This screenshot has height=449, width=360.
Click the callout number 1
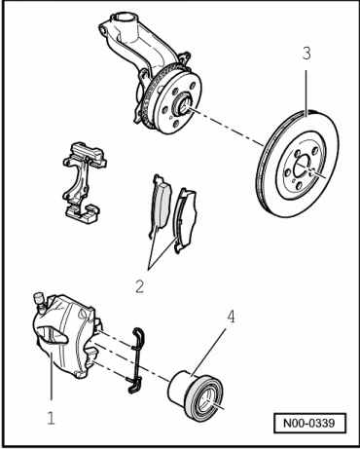coord(51,418)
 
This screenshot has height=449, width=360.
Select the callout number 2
coord(139,286)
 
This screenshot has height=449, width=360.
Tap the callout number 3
coord(306,54)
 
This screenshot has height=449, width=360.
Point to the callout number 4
coord(231,317)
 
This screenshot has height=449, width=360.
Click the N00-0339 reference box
coord(309,423)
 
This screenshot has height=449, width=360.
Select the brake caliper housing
coord(65,336)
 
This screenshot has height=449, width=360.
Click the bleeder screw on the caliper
coord(39,301)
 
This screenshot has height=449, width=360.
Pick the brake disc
coord(298,164)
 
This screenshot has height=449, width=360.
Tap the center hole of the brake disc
coord(303,166)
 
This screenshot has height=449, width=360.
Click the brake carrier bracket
coord(83,182)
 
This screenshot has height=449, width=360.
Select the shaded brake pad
coord(161,207)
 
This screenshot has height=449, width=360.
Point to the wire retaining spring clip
coord(137,360)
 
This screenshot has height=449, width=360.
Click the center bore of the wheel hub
coord(183,104)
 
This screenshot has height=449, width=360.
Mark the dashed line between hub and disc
coord(227,128)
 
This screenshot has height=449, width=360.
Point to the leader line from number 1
coord(51,376)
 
